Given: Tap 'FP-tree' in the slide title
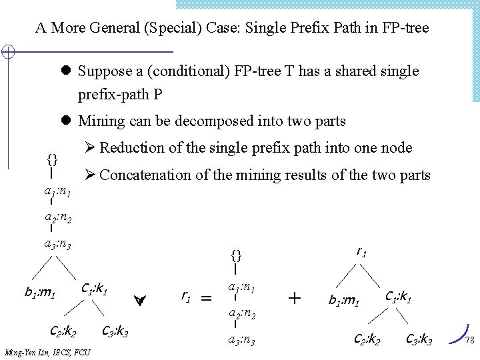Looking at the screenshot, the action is click(403, 28).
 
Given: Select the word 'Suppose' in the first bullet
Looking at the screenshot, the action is click(102, 71).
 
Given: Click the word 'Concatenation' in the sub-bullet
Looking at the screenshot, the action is click(144, 175).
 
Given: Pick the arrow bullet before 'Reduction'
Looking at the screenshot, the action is click(89, 148).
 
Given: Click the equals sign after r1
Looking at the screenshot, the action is click(207, 300).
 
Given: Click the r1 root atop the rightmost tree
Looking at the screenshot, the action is click(362, 251).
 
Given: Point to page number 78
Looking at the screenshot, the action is click(468, 341).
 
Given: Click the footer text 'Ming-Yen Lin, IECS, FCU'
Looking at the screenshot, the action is click(47, 352).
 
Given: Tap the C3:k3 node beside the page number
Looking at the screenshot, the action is click(419, 341).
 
